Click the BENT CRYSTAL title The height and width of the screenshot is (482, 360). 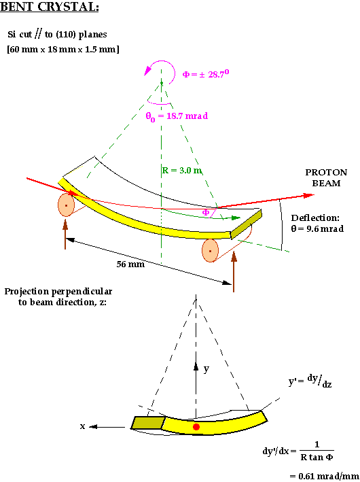[x=50, y=7]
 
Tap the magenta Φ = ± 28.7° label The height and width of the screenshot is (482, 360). [x=206, y=74]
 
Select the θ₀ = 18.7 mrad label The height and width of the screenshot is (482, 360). [x=177, y=116]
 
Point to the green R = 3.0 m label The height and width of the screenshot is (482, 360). [x=181, y=170]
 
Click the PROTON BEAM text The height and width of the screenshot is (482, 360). [x=326, y=177]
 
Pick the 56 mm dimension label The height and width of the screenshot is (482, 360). [x=130, y=264]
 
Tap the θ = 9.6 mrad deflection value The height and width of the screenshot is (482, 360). [x=317, y=228]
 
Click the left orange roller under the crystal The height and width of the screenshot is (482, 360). [x=66, y=205]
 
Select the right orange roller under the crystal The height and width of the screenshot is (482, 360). [x=210, y=251]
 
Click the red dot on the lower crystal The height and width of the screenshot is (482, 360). [x=196, y=427]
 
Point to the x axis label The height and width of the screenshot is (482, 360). [x=82, y=427]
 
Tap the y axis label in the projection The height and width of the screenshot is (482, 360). [x=206, y=368]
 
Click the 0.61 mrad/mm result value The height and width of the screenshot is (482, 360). [x=325, y=476]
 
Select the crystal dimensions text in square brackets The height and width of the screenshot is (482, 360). [x=63, y=49]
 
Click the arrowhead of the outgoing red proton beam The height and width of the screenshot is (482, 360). [x=308, y=195]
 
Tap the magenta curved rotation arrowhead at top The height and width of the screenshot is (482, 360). [x=148, y=71]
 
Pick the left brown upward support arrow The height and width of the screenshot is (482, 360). [x=65, y=235]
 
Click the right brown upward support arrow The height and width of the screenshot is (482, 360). [x=234, y=271]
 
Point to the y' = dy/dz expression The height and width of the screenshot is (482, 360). [x=310, y=381]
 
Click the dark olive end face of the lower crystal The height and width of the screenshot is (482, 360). [x=148, y=423]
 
